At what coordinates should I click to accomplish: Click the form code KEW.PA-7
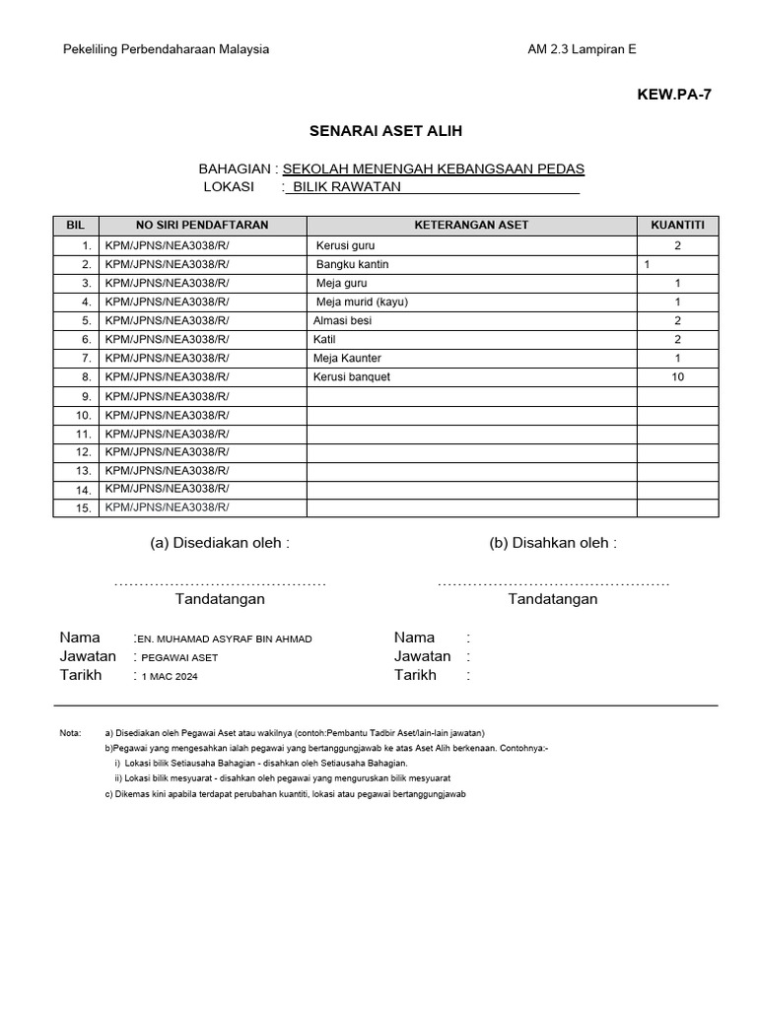click(675, 95)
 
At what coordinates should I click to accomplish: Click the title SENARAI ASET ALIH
click(385, 131)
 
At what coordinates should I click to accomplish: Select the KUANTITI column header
click(677, 225)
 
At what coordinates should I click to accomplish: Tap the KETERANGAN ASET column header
click(471, 225)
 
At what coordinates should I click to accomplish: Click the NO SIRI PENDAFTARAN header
click(187, 225)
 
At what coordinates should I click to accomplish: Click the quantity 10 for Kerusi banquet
click(677, 376)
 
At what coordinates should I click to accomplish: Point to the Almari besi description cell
click(342, 320)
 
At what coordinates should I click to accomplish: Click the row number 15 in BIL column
click(83, 508)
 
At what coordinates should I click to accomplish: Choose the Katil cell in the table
click(324, 339)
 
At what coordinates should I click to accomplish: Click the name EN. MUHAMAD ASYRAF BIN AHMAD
click(226, 639)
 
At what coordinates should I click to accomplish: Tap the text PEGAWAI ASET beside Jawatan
click(179, 658)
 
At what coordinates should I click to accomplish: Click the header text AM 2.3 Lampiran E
click(588, 50)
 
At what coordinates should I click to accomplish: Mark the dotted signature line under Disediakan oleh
click(220, 583)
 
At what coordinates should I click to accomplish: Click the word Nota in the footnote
click(70, 733)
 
